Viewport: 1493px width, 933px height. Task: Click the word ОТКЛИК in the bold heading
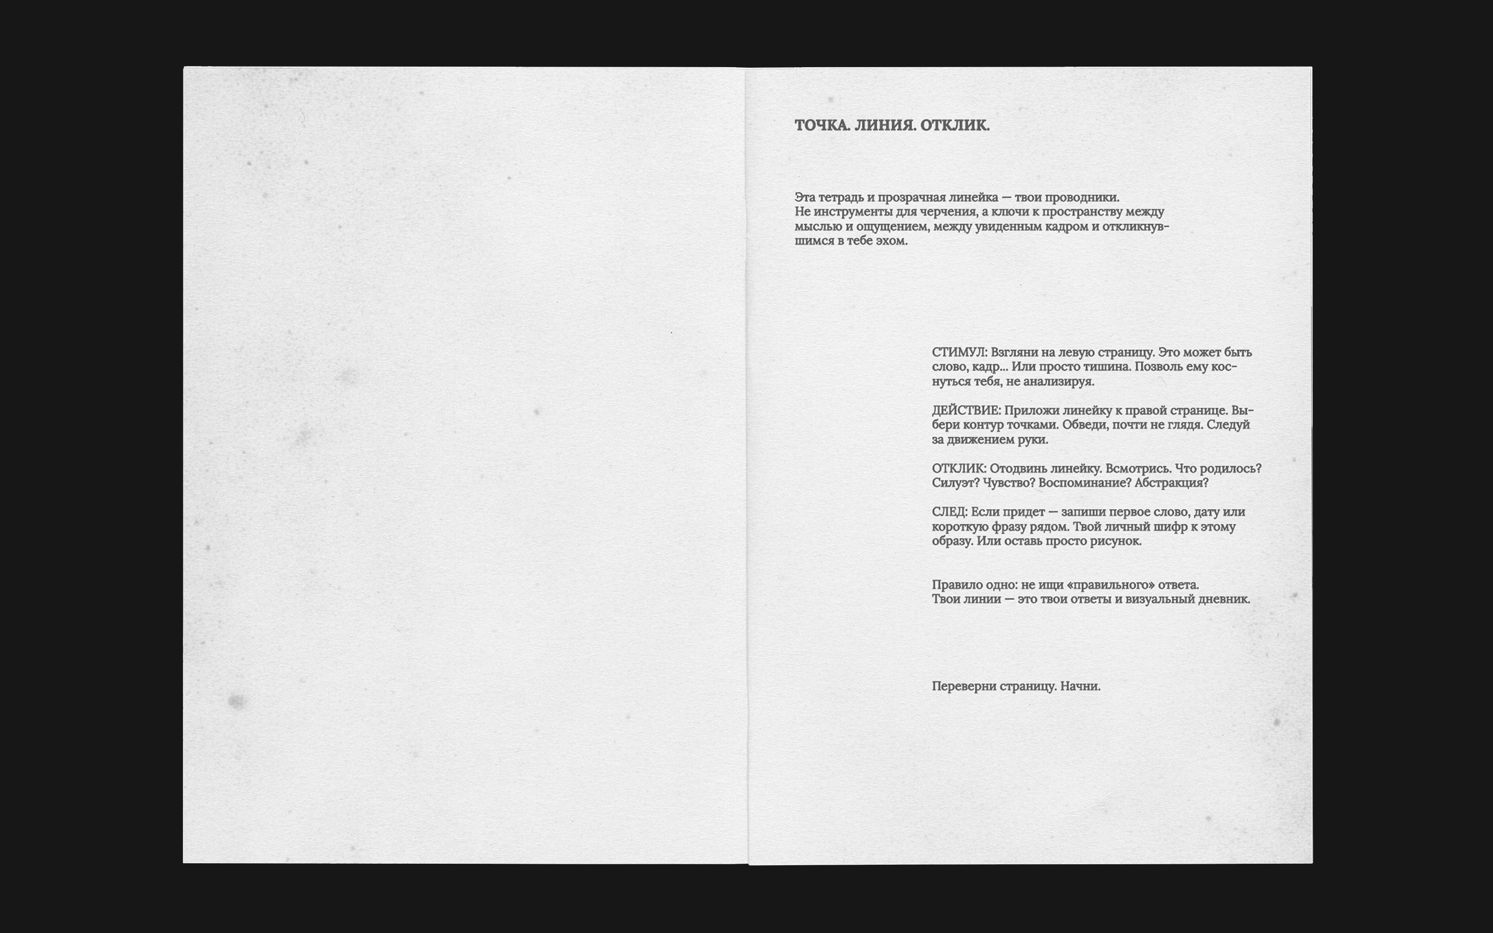pyautogui.click(x=954, y=125)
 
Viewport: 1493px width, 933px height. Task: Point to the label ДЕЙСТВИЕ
pyautogui.click(x=966, y=411)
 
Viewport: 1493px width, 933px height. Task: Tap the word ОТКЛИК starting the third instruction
pyautogui.click(x=959, y=468)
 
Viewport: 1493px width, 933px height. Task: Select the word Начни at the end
pyautogui.click(x=1080, y=686)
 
